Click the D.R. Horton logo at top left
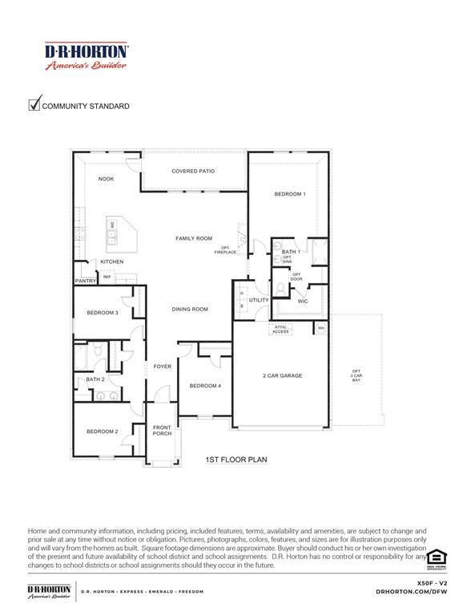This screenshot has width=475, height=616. (87, 57)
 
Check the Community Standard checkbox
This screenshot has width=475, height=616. (34, 104)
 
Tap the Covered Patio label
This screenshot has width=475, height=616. (193, 171)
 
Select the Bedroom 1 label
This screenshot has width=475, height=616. (289, 194)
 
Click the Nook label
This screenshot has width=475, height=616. (106, 179)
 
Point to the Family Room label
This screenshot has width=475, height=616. (194, 238)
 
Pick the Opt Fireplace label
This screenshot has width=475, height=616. (225, 250)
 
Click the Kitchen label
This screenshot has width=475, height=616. (111, 262)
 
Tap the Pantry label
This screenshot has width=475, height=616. (86, 281)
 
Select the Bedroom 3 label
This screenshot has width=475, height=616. (103, 313)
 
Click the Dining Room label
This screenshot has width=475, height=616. (190, 309)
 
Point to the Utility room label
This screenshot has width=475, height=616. (259, 300)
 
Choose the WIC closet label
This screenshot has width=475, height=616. (303, 301)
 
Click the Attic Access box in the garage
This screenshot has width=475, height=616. (281, 330)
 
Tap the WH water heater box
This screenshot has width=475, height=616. (321, 328)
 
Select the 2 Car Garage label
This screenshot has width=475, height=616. (282, 375)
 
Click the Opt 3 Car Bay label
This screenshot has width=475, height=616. (356, 375)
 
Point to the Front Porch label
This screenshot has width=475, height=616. (162, 431)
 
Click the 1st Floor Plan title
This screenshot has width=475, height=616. (236, 460)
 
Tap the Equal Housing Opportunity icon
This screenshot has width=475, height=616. (436, 557)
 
